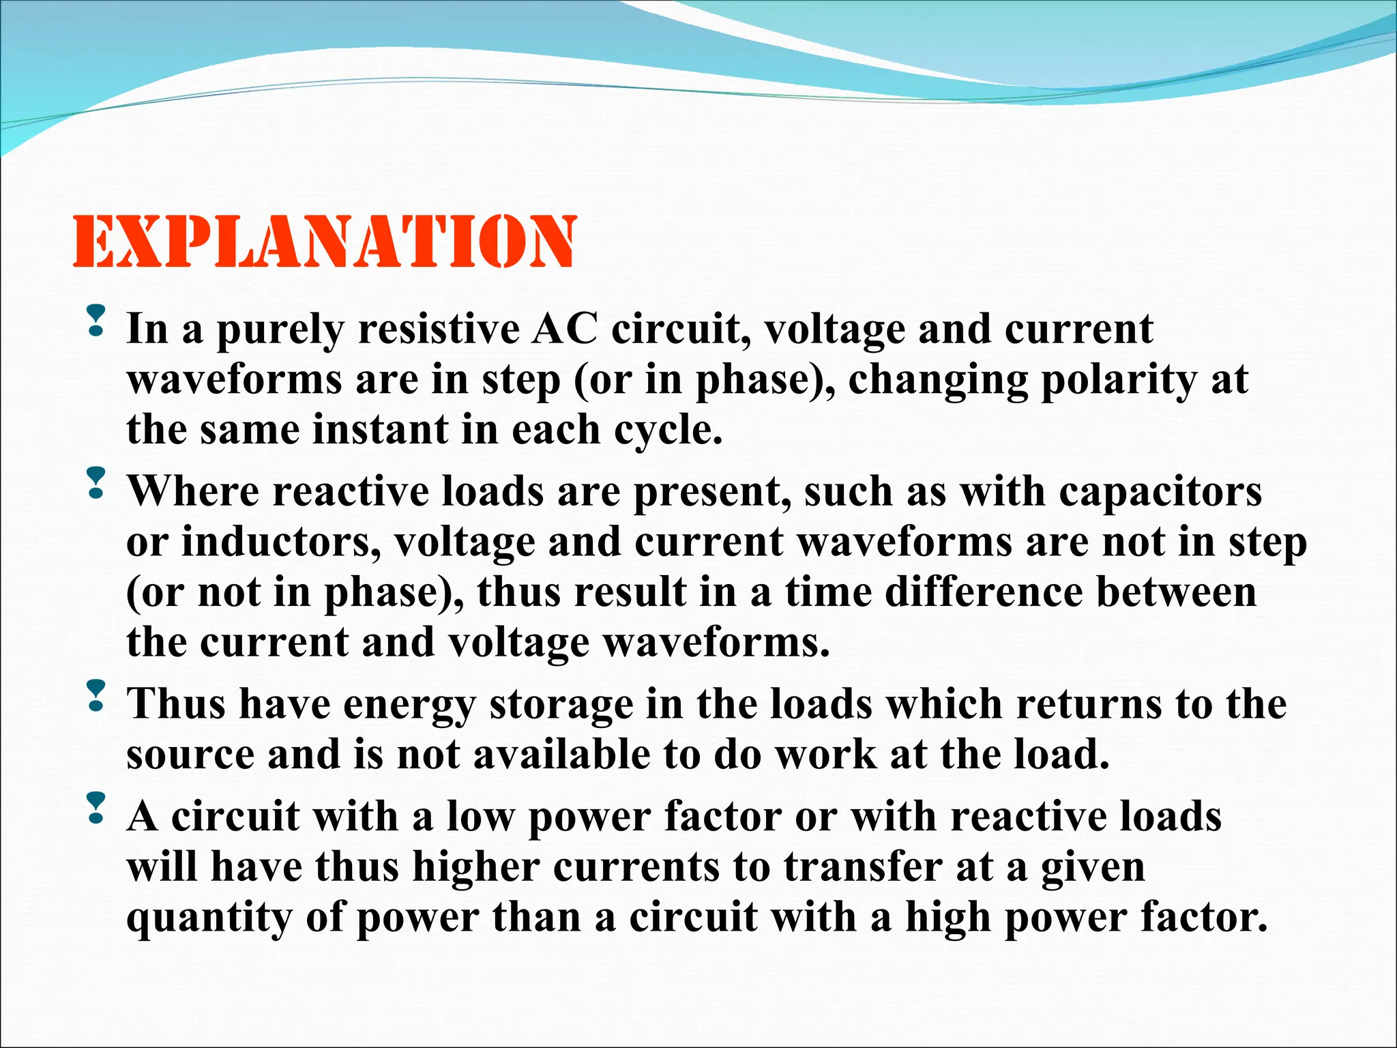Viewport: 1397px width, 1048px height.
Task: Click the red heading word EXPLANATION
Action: (325, 242)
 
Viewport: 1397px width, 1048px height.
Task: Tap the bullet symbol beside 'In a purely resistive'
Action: (97, 320)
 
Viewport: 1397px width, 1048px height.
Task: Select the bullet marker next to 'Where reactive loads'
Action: (97, 482)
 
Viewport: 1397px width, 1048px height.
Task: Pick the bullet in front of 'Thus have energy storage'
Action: (97, 695)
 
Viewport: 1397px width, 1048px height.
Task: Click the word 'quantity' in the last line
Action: (209, 919)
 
